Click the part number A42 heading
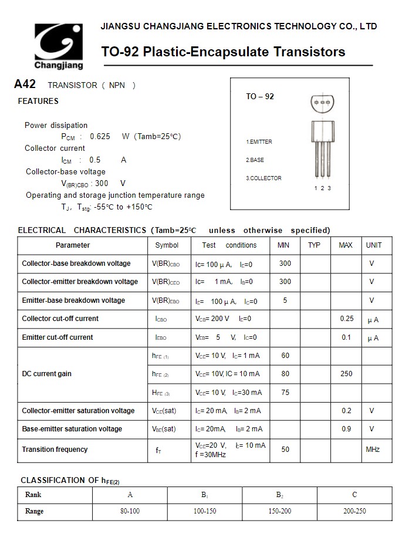25,85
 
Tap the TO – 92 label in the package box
260,96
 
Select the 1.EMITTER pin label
259,142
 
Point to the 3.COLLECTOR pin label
263,178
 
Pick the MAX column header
346,245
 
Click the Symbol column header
167,245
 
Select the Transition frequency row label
55,450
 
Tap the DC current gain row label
46,374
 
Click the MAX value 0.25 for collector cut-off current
347,319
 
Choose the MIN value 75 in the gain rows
285,393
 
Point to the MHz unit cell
373,450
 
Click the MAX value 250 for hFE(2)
346,374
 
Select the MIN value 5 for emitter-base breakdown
285,300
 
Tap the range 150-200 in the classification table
280,511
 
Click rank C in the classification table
354,495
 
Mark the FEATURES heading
38,101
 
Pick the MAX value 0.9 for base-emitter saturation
346,429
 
